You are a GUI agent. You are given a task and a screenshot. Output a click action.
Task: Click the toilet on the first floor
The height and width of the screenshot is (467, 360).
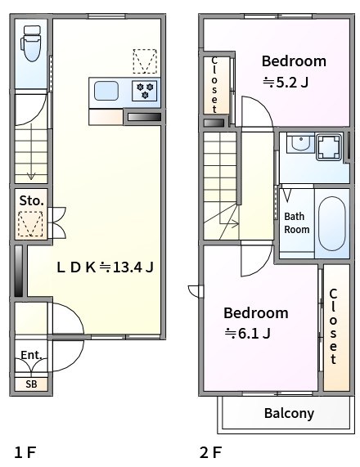pyautogui.click(x=32, y=44)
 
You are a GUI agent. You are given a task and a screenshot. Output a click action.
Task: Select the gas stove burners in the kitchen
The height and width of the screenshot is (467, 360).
pyautogui.click(x=146, y=91)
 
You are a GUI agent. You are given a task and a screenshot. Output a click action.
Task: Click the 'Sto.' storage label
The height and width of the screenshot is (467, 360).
pyautogui.click(x=31, y=200)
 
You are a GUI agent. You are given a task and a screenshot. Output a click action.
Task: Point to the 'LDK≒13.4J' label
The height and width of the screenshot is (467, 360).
pyautogui.click(x=105, y=267)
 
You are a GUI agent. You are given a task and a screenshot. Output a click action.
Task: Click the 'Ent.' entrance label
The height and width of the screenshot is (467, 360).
pyautogui.click(x=31, y=355)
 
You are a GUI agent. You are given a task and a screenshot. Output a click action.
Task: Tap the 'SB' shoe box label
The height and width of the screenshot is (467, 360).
pyautogui.click(x=31, y=384)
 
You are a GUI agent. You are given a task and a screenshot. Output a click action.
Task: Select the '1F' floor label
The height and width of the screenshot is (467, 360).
pyautogui.click(x=25, y=451)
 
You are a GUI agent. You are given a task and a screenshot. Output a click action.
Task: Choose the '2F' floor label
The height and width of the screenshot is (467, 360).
pyautogui.click(x=210, y=451)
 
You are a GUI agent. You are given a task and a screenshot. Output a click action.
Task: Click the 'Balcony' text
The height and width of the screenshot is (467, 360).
pyautogui.click(x=289, y=413)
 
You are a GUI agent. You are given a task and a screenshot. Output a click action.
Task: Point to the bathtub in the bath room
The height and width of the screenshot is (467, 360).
pyautogui.click(x=332, y=222)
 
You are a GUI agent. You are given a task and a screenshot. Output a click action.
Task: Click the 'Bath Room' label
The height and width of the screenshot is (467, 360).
pyautogui.click(x=296, y=222)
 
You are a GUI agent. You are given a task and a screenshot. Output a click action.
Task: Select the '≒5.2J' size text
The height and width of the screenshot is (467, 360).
pyautogui.click(x=285, y=82)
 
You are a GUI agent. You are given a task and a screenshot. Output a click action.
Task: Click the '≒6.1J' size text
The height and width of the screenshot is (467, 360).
pyautogui.click(x=248, y=333)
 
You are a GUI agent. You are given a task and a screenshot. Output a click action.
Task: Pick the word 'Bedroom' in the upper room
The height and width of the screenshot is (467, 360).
pyautogui.click(x=294, y=61)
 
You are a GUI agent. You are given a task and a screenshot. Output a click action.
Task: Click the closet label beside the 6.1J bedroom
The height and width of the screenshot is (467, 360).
pyautogui.click(x=334, y=326)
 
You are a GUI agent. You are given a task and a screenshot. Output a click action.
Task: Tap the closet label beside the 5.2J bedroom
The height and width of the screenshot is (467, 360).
pyautogui.click(x=214, y=83)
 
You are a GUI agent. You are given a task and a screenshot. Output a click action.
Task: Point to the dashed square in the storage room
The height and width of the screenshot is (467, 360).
pyautogui.click(x=31, y=223)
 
